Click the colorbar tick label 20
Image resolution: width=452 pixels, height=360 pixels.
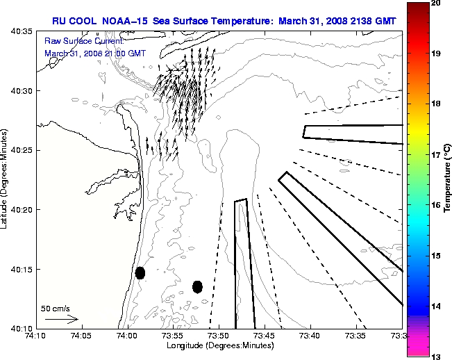coord(436,5)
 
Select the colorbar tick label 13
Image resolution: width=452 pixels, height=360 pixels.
coord(436,356)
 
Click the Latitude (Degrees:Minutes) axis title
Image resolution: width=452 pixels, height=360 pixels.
coord(5,180)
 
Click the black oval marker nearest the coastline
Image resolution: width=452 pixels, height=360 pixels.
coord(140,272)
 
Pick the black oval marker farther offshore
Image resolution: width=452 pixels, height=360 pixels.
coord(197,286)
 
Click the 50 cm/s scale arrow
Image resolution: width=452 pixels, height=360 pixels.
coord(61,320)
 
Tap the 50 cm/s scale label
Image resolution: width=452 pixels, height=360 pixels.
coord(55,308)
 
